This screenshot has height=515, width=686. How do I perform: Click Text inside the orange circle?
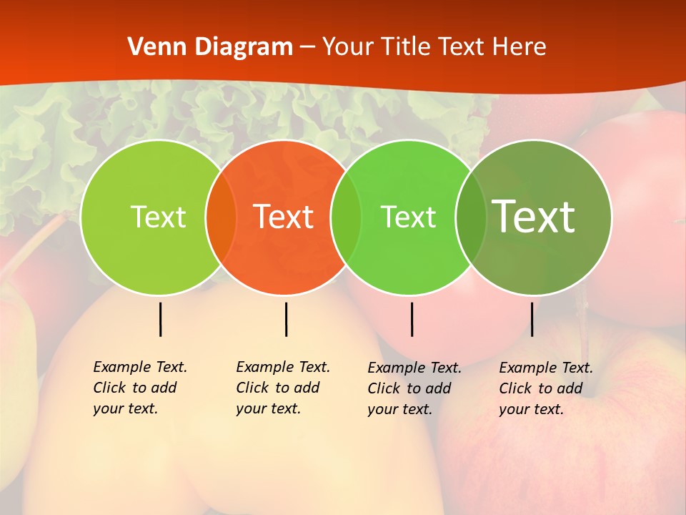(x=284, y=217)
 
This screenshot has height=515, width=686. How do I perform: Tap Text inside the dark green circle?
(x=534, y=217)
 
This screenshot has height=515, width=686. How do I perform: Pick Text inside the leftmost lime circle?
(x=158, y=217)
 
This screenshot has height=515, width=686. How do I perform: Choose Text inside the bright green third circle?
(x=409, y=217)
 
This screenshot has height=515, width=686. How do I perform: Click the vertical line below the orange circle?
(x=286, y=319)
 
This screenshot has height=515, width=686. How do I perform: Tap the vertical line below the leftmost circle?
(x=160, y=319)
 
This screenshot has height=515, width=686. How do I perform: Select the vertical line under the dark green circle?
(x=532, y=319)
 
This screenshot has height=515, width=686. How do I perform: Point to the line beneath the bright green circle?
(x=412, y=319)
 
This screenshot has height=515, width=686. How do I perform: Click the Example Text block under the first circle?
(x=139, y=388)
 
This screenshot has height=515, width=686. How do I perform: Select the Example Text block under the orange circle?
(x=282, y=388)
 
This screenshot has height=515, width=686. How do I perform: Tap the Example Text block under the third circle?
(x=414, y=388)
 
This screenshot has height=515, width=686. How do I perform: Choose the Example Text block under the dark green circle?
(x=545, y=388)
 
